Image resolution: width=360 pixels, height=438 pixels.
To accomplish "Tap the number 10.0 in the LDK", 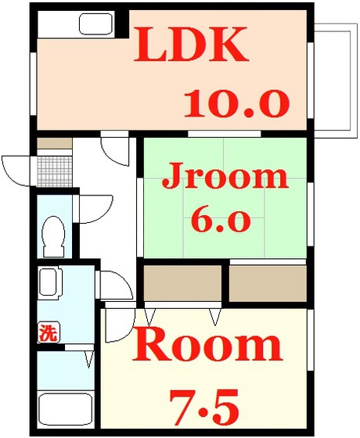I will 236,102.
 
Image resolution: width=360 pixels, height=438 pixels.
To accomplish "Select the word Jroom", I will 224,178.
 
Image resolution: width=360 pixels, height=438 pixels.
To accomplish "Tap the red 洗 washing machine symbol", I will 48,332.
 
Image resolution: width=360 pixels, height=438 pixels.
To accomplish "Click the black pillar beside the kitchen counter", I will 121,23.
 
